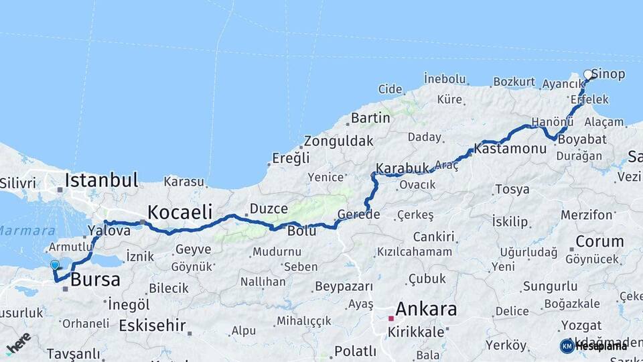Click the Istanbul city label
pyautogui.click(x=102, y=180)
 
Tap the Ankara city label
pyautogui.click(x=426, y=309)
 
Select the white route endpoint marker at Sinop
pyautogui.click(x=588, y=74)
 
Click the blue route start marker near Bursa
pyautogui.click(x=55, y=265)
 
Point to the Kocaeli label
pyautogui.click(x=180, y=212)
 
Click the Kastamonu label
pyautogui.click(x=510, y=148)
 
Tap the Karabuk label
pyautogui.click(x=402, y=168)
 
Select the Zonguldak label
pyautogui.click(x=338, y=141)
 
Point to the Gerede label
pyautogui.click(x=359, y=215)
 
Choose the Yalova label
pyautogui.click(x=109, y=231)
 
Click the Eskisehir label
pyautogui.click(x=152, y=326)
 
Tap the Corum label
pyautogui.click(x=599, y=241)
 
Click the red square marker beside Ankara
pyautogui.click(x=391, y=318)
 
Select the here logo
pyautogui.click(x=18, y=343)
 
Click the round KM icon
pyautogui.click(x=567, y=346)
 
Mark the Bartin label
pyautogui.click(x=370, y=118)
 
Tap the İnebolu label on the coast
pyautogui.click(x=445, y=79)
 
